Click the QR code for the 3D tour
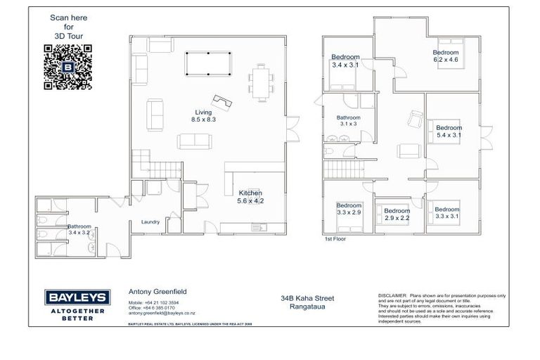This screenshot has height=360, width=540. (x=68, y=67)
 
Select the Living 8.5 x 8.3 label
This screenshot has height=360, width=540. (x=204, y=116)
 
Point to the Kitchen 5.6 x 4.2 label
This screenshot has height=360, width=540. (x=250, y=197)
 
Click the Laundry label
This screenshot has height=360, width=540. (x=150, y=222)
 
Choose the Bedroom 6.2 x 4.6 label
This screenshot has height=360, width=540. (x=445, y=56)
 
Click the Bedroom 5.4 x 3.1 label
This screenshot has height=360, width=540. (x=448, y=131)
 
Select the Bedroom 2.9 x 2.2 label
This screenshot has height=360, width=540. (x=397, y=214)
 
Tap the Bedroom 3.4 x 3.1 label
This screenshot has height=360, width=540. (x=345, y=61)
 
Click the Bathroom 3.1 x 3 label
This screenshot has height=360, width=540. (x=348, y=120)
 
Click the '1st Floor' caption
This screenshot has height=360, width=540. (x=335, y=239)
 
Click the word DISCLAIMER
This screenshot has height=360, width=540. (x=392, y=295)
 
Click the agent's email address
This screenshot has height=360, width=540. (x=162, y=313)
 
